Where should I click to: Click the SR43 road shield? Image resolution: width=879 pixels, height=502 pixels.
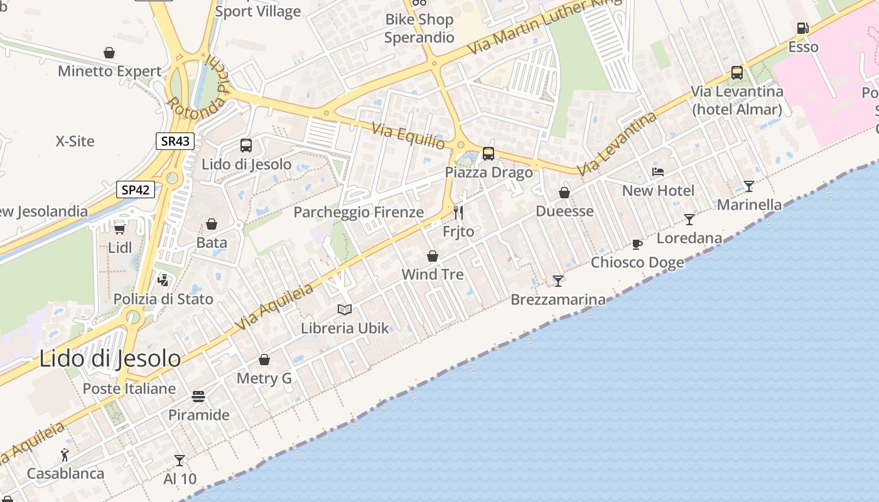pos(175,141)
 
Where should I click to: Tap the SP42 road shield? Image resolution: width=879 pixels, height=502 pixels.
pos(136,190)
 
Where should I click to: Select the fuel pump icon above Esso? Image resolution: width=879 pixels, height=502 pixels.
pos(802,28)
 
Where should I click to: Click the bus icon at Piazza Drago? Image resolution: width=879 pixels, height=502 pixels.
pos(488,154)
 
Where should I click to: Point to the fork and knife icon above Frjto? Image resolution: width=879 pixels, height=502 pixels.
pos(458,213)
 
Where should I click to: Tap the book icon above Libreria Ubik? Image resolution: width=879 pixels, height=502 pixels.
pos(345,309)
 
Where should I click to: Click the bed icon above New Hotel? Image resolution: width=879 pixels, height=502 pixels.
pos(657,172)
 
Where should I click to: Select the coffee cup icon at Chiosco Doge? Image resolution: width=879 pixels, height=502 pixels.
pos(637,244)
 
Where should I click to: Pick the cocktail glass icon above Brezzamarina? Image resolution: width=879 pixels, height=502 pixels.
pos(558,280)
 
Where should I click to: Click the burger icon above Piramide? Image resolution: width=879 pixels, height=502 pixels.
pos(198,397)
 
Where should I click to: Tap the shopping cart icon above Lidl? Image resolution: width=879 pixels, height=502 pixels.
pos(119,229)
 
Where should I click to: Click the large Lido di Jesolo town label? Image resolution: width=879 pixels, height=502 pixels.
pos(110,359)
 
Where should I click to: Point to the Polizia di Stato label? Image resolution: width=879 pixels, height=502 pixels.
pos(163,299)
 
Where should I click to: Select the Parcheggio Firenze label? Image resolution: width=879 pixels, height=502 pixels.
pos(359,212)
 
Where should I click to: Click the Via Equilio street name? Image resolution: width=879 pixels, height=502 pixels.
pos(408,136)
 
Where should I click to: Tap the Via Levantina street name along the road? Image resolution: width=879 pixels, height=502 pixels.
pos(617,144)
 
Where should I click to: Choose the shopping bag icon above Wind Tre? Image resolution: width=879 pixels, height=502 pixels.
pos(432,256)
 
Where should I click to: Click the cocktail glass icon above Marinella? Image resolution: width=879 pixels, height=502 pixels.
pos(748,186)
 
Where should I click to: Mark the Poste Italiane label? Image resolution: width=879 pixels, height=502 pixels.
pos(129,388)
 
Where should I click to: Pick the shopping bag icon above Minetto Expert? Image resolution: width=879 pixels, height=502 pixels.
pos(109,53)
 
